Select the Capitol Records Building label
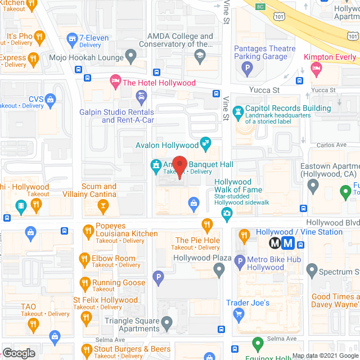click(288, 108)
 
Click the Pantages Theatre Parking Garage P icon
click(246, 69)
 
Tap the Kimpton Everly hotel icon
click(316, 69)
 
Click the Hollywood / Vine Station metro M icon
click(275, 243)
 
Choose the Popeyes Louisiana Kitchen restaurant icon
click(88, 229)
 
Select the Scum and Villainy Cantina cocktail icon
click(102, 206)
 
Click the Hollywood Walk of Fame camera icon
click(226, 213)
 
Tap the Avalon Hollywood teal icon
click(206, 142)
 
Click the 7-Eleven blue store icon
click(71, 38)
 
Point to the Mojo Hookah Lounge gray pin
click(131, 56)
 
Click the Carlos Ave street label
click(331, 145)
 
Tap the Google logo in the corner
click(18, 353)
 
